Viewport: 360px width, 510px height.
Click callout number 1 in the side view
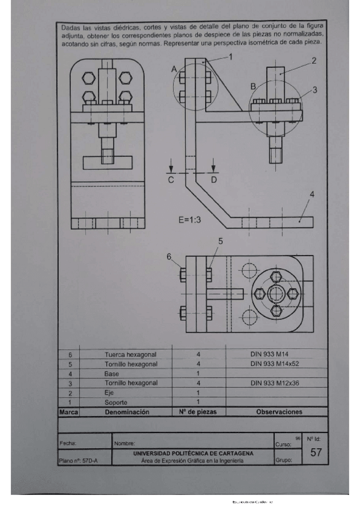[230, 56]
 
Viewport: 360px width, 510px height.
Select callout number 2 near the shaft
[313, 61]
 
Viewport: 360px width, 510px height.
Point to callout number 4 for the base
[312, 194]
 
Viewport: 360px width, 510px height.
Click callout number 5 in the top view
[221, 241]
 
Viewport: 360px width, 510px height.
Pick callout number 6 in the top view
[169, 256]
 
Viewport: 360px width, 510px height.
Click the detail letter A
[174, 70]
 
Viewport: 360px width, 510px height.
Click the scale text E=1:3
[189, 220]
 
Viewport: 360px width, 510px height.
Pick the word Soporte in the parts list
[116, 402]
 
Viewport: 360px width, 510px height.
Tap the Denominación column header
[127, 412]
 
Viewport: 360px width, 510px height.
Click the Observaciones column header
[279, 412]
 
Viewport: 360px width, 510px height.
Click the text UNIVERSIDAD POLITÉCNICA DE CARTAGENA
[192, 453]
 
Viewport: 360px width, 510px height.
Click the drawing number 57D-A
[94, 461]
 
